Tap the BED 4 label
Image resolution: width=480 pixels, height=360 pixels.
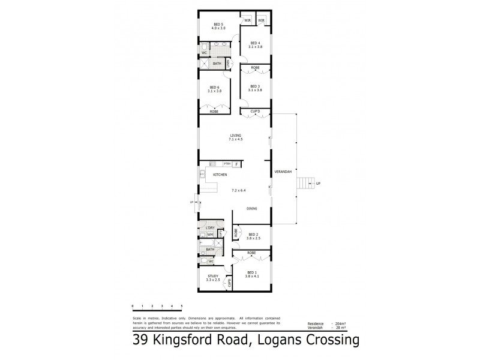tap(255, 43)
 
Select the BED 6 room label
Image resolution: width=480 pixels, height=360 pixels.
tap(214, 88)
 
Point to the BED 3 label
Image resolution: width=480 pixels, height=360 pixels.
tap(255, 86)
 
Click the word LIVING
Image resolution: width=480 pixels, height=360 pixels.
tap(235, 136)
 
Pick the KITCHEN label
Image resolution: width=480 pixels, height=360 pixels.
tap(219, 175)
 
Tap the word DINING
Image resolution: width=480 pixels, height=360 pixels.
tap(252, 208)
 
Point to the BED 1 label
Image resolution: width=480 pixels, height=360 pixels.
tap(252, 273)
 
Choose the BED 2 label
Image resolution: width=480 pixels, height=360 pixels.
tap(253, 234)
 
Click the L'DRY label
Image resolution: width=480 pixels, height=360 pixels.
tap(210, 228)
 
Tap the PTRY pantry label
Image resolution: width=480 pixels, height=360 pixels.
tap(227, 164)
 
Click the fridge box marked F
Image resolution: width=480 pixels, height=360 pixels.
tap(236, 164)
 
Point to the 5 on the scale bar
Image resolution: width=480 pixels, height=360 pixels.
tap(181, 306)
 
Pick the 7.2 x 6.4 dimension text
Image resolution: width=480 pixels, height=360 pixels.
tap(239, 190)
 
